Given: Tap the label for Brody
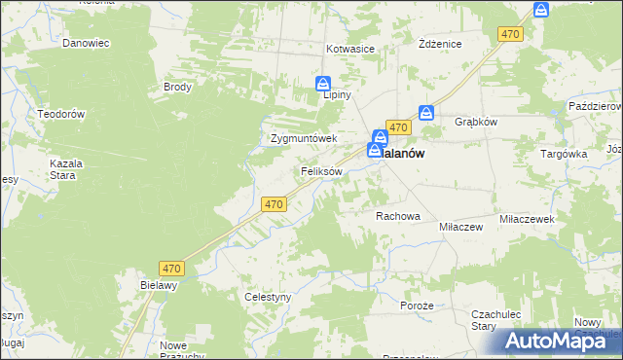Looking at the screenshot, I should pyautogui.click(x=178, y=87).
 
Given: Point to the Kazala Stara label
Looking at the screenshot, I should pyautogui.click(x=67, y=170).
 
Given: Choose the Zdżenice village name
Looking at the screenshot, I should pyautogui.click(x=439, y=45).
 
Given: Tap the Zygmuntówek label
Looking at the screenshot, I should pyautogui.click(x=303, y=138).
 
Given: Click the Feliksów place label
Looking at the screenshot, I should pyautogui.click(x=321, y=171).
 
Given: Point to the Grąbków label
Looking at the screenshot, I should pyautogui.click(x=476, y=123).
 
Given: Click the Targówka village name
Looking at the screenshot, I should pyautogui.click(x=564, y=154).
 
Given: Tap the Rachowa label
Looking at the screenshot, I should pyautogui.click(x=397, y=216).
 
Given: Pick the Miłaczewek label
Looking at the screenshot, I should pyautogui.click(x=527, y=220).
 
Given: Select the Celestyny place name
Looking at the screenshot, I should pyautogui.click(x=268, y=297).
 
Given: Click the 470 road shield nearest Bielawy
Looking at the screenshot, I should pyautogui.click(x=172, y=268).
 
